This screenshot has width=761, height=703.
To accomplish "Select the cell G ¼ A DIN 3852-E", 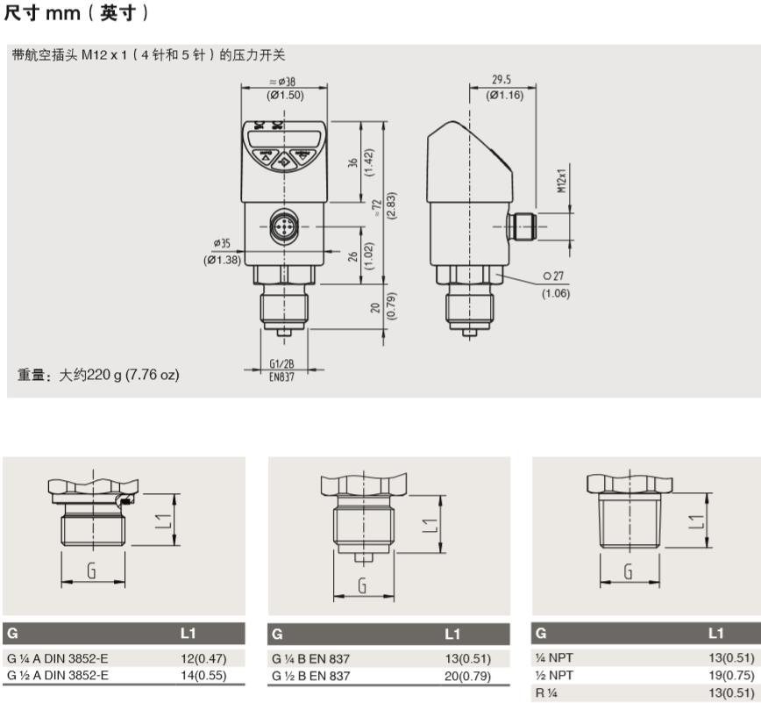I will (x=57, y=658).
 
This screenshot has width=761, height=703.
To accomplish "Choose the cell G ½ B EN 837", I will (x=311, y=676).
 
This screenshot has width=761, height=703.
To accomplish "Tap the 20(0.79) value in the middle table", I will (x=469, y=676).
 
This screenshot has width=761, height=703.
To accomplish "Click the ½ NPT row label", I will (x=554, y=675).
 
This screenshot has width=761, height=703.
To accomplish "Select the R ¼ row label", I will (x=547, y=692).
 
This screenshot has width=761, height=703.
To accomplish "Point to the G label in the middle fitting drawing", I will (x=363, y=585).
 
